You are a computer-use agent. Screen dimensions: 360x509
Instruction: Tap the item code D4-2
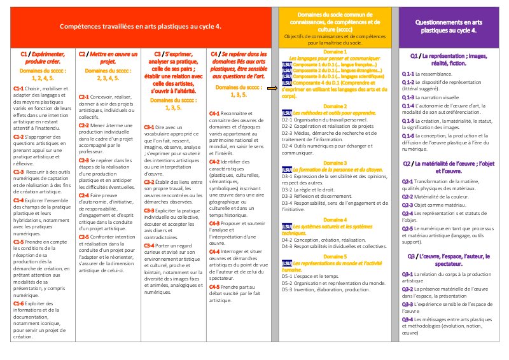(x=288, y=239)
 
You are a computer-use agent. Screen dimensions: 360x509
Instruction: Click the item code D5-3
(x=288, y=289)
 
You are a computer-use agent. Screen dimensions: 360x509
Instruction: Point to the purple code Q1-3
(x=408, y=97)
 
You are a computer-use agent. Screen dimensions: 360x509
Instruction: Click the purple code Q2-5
(x=408, y=228)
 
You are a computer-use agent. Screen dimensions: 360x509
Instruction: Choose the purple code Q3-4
(x=408, y=319)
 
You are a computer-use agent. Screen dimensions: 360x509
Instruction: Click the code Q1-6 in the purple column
(x=408, y=135)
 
